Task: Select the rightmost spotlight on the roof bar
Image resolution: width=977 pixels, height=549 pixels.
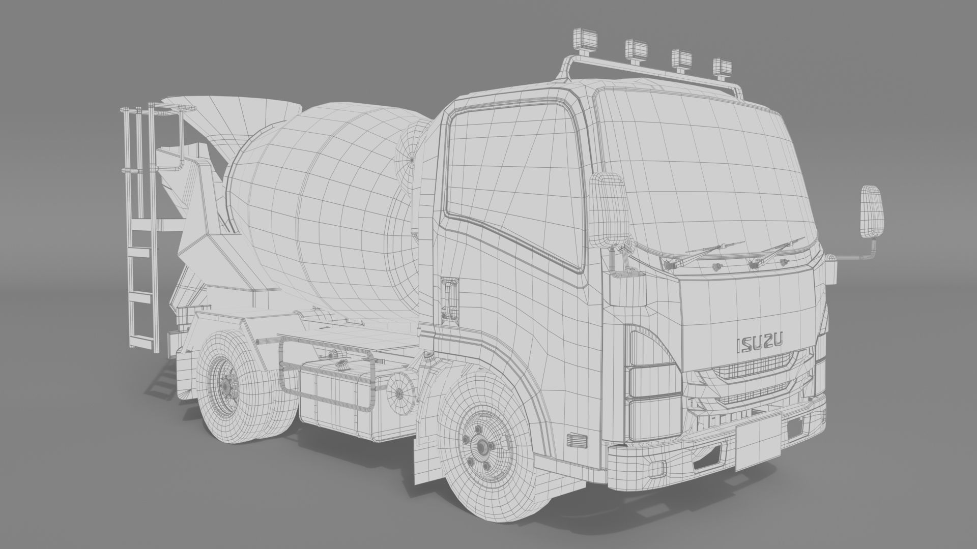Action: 723,67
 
